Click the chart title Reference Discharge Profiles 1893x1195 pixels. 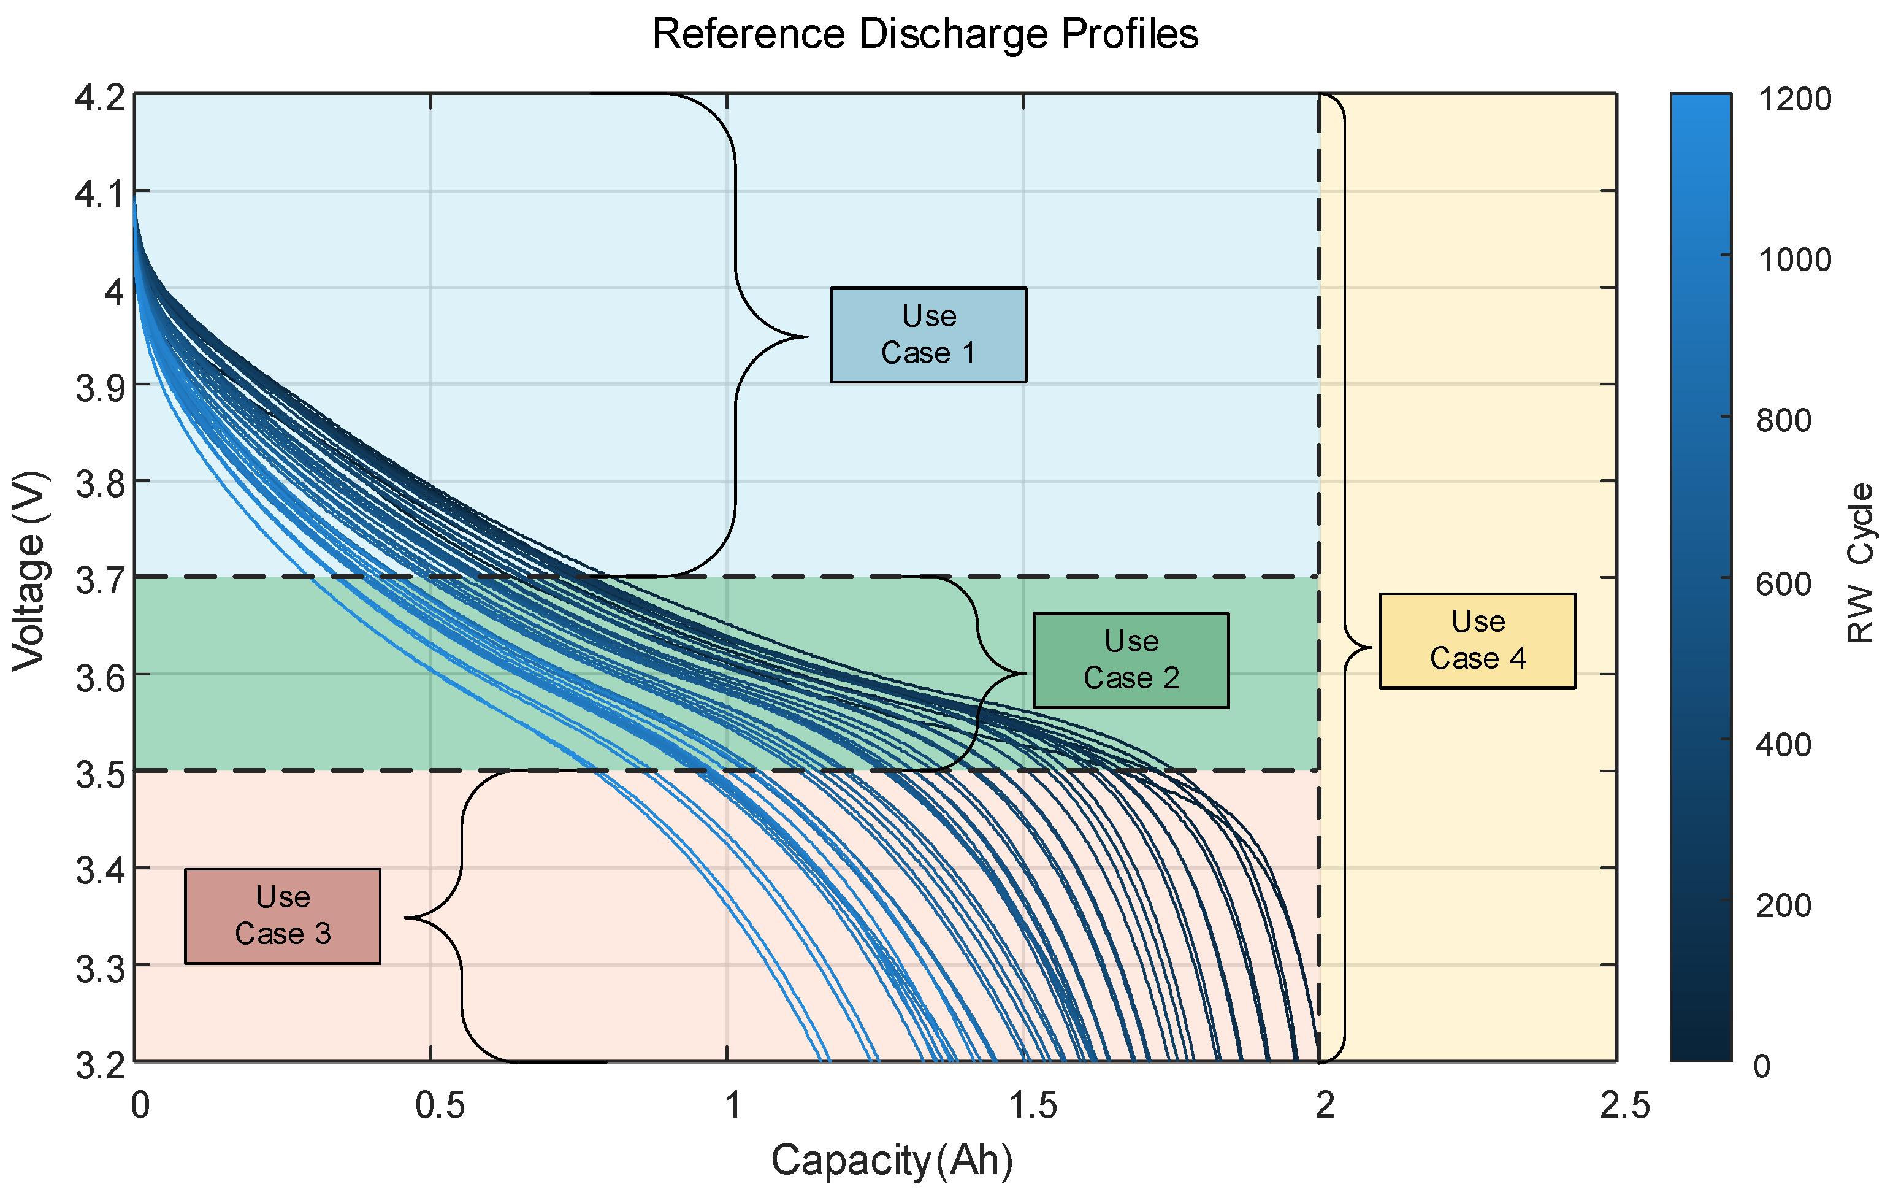point(925,34)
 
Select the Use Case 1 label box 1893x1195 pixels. point(928,335)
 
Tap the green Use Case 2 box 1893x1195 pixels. point(1130,661)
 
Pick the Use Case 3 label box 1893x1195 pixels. point(282,916)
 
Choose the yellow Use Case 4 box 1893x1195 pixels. point(1477,640)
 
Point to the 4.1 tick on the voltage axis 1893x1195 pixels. point(100,193)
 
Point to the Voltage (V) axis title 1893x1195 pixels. point(30,572)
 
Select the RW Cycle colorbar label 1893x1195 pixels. point(1860,564)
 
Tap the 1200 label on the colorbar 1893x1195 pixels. point(1793,100)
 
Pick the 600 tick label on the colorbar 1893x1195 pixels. point(1784,584)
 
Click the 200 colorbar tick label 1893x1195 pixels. point(1784,905)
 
